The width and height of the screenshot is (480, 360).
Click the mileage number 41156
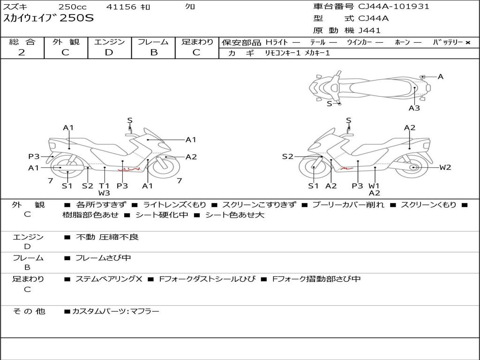(121, 7)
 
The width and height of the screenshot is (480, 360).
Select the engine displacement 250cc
(72, 7)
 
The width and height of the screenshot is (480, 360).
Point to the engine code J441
(369, 30)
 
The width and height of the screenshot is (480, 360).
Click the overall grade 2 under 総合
(22, 52)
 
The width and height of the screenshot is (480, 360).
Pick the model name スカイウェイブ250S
(49, 19)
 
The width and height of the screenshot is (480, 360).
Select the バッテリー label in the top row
(448, 42)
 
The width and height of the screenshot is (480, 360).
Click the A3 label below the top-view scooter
(414, 108)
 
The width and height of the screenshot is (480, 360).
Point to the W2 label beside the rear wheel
(445, 167)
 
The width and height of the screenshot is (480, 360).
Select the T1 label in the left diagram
(104, 186)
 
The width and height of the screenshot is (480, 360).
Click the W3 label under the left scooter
(104, 193)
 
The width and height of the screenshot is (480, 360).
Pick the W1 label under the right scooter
(374, 186)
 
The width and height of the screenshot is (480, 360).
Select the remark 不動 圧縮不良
(107, 237)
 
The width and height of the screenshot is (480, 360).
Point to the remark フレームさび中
(103, 258)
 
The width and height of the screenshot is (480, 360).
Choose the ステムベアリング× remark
(109, 279)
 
